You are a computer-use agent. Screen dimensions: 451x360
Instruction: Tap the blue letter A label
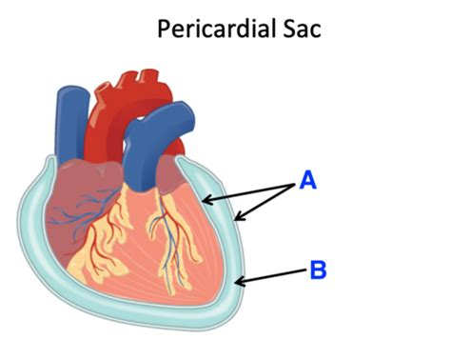click(307, 179)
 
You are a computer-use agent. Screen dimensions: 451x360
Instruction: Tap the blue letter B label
click(318, 270)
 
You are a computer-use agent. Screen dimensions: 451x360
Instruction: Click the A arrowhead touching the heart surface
click(205, 201)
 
